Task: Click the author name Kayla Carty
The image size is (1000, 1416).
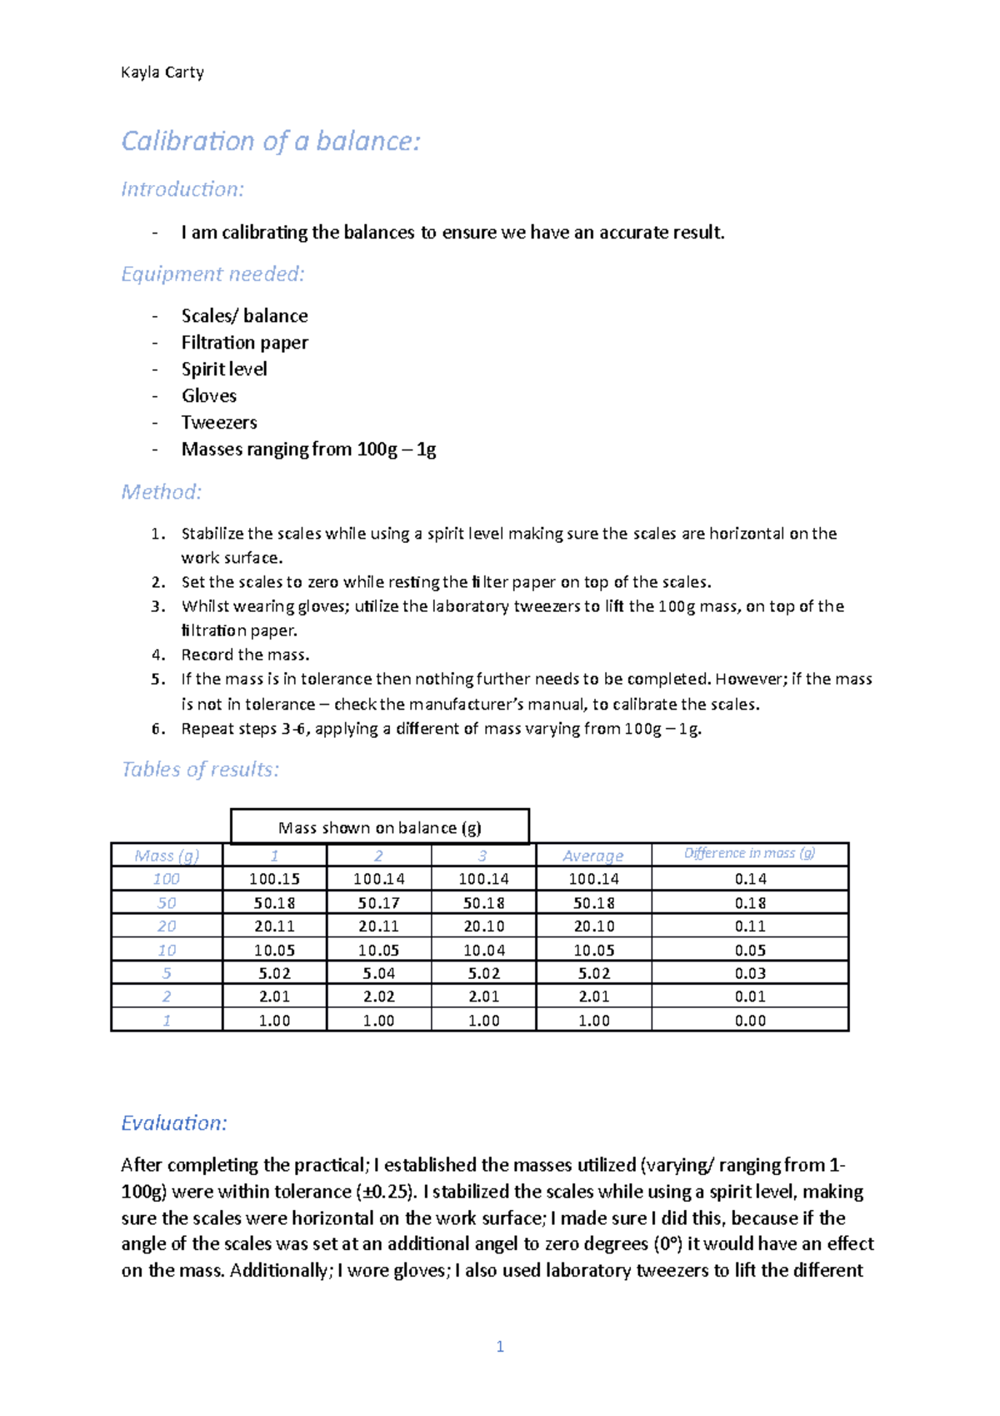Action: click(x=162, y=73)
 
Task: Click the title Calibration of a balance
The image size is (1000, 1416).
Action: click(x=270, y=141)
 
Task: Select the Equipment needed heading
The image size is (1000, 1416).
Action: click(x=212, y=274)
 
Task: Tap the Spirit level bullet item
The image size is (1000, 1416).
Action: click(x=223, y=369)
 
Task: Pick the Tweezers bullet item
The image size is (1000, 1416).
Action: click(x=219, y=423)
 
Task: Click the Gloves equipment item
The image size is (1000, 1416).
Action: click(x=208, y=396)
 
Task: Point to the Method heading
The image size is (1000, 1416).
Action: click(x=162, y=492)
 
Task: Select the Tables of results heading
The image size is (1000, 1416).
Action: click(x=200, y=769)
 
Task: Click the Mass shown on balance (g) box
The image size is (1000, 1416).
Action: click(x=379, y=827)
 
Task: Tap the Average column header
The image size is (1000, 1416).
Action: click(x=592, y=856)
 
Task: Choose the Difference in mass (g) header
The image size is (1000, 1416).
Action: click(x=749, y=853)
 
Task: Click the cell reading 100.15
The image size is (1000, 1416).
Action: click(x=274, y=879)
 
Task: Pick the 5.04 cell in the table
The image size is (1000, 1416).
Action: click(x=378, y=973)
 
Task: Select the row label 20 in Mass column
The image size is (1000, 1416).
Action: click(x=167, y=926)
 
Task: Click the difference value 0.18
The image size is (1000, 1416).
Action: click(x=750, y=903)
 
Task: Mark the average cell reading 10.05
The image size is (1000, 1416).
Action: click(x=593, y=950)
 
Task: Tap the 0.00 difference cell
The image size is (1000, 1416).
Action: click(x=750, y=1021)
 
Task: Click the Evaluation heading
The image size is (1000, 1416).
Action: click(x=174, y=1123)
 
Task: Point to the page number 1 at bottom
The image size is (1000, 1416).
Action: click(x=500, y=1346)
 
